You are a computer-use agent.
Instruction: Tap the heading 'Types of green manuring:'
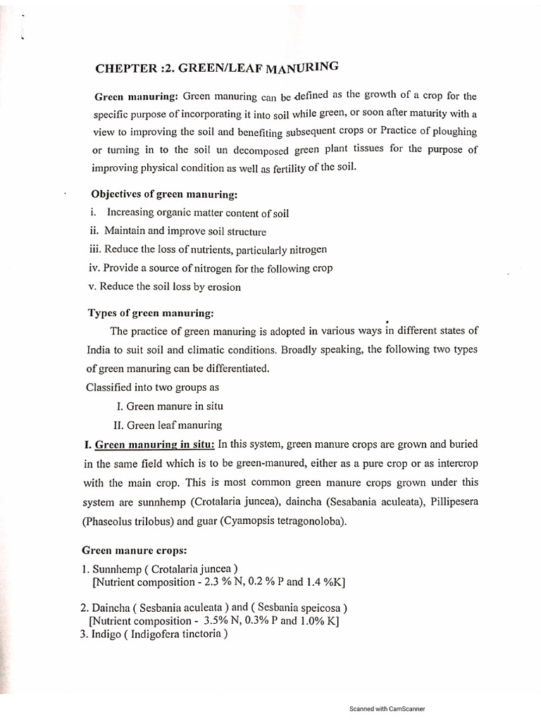pos(139,313)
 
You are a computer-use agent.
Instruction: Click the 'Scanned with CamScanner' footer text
pos(387,709)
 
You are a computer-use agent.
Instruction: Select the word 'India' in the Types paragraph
pos(99,349)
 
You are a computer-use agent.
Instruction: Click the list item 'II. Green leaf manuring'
pos(168,425)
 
